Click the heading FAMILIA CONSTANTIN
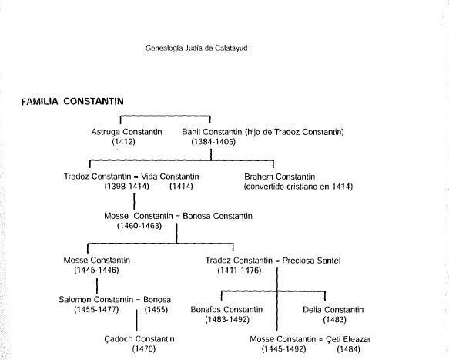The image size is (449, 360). coord(72,102)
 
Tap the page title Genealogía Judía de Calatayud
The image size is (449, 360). coord(196,48)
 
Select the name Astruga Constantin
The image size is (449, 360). coord(127,132)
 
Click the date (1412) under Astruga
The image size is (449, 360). coord(124,142)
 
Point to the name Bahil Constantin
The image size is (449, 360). coord(212,132)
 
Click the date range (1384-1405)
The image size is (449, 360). coord(213,142)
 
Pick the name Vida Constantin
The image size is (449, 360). coord(169,177)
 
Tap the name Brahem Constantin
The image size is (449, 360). coord(280,177)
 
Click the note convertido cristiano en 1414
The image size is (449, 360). coord(298,187)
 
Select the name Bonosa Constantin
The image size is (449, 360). coord(218,216)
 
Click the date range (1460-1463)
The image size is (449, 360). coord(139,226)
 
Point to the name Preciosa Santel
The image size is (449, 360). coord(312,261)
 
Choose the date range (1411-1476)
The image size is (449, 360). coord(240,271)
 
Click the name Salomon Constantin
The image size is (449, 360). coord(96,300)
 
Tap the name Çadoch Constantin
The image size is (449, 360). coord(139,339)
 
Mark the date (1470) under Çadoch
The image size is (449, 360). coord(144,348)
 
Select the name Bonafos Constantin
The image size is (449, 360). coord(226,310)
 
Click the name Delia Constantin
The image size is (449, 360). coord(333,310)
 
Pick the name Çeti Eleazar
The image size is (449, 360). coord(348,339)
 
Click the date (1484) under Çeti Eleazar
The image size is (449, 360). coord(348,348)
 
